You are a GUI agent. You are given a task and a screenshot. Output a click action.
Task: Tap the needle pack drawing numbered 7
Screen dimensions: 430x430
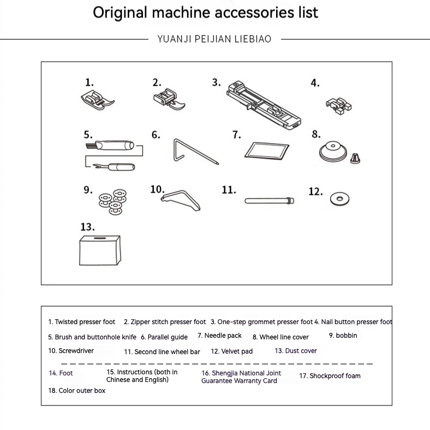click(x=265, y=150)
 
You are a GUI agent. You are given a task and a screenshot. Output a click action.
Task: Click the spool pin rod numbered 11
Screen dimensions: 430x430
click(x=268, y=200)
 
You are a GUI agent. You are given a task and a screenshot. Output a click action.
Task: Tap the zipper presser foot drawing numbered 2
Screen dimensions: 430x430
click(x=171, y=100)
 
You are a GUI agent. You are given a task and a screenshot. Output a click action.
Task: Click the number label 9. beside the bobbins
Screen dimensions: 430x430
click(x=88, y=190)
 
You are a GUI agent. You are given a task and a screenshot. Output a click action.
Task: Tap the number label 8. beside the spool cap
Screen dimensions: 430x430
click(x=315, y=134)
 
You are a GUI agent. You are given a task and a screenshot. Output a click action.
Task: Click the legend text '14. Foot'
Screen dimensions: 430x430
click(x=61, y=373)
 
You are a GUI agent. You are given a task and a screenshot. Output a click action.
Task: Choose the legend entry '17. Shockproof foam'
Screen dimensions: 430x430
click(x=330, y=376)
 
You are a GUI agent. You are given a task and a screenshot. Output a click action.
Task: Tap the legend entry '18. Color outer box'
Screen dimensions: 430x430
click(x=77, y=391)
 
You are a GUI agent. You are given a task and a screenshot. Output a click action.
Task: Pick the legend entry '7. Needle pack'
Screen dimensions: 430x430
click(x=219, y=336)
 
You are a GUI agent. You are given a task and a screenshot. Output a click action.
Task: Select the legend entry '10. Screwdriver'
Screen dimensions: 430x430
click(x=71, y=351)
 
